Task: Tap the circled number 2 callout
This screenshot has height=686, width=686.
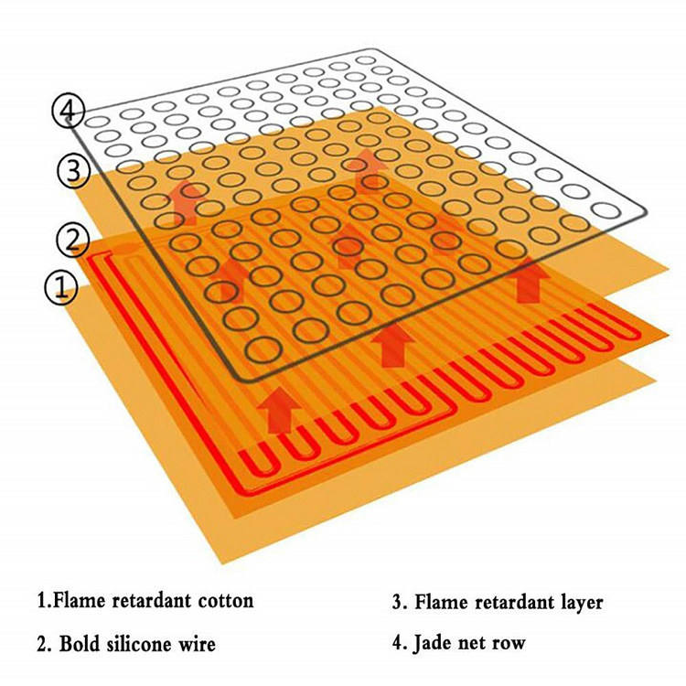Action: (70, 240)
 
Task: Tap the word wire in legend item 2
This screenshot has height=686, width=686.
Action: (198, 644)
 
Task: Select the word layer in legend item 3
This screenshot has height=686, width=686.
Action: (575, 602)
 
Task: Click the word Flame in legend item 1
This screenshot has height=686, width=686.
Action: (74, 602)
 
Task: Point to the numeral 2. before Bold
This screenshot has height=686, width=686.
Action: (43, 644)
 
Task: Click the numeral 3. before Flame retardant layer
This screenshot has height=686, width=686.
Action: (399, 602)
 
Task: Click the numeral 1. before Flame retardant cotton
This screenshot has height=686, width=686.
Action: (41, 602)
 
